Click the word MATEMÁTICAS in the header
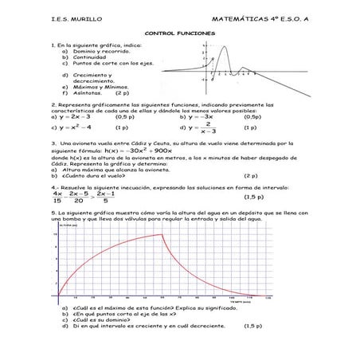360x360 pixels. click(x=239, y=17)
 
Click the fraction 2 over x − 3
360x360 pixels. click(x=208, y=127)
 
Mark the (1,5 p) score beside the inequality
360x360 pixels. click(x=253, y=196)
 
